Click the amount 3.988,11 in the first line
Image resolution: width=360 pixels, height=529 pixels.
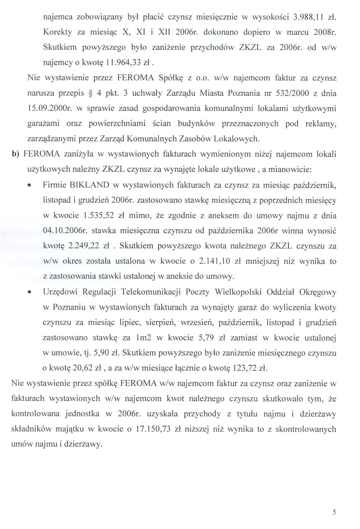pyautogui.click(x=308, y=17)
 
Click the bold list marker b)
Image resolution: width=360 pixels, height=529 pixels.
pyautogui.click(x=16, y=154)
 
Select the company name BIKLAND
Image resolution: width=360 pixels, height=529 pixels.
pyautogui.click(x=89, y=185)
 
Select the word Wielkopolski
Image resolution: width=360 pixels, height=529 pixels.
pyautogui.click(x=238, y=292)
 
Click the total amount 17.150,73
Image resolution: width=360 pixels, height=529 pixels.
pyautogui.click(x=153, y=429)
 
